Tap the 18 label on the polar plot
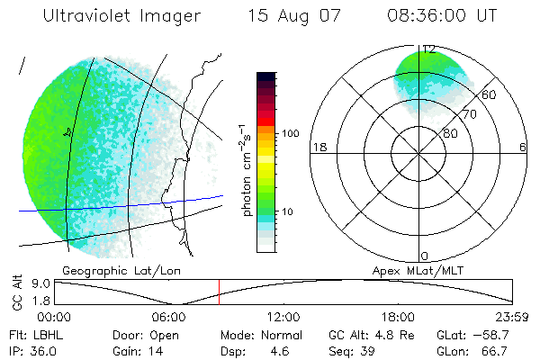pos(318,148)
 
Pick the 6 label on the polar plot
pos(523,148)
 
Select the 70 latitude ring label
pos(469,115)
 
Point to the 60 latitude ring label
pos(490,94)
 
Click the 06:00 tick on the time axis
pos(169,317)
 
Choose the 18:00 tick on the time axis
pos(398,317)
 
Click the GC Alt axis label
pos(16,292)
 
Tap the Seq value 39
pos(365,350)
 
